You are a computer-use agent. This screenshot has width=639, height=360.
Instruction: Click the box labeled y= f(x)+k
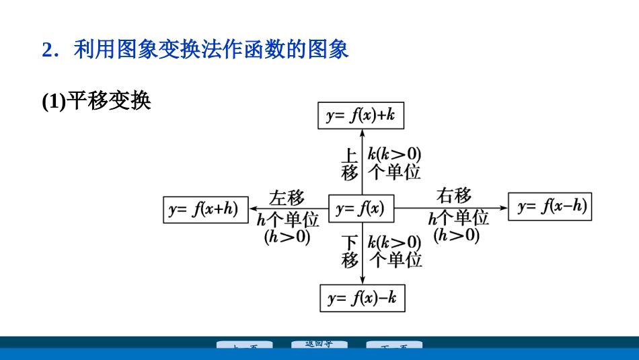[x=361, y=116]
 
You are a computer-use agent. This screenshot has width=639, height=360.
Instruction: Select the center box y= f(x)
[x=361, y=209]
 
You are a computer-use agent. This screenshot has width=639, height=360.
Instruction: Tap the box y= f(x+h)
[x=206, y=209]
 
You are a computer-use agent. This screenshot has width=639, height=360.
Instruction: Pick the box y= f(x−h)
[x=552, y=207]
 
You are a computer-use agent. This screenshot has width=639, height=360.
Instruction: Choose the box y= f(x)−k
[x=363, y=298]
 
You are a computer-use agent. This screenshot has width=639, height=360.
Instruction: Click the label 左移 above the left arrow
[x=287, y=198]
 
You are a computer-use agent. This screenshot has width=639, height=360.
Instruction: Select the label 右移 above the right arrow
[x=454, y=196]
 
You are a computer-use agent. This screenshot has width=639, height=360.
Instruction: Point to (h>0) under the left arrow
[x=287, y=237]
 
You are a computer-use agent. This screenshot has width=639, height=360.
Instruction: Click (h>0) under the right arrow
[x=457, y=235]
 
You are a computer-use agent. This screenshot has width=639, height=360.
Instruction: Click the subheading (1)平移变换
[x=96, y=101]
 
